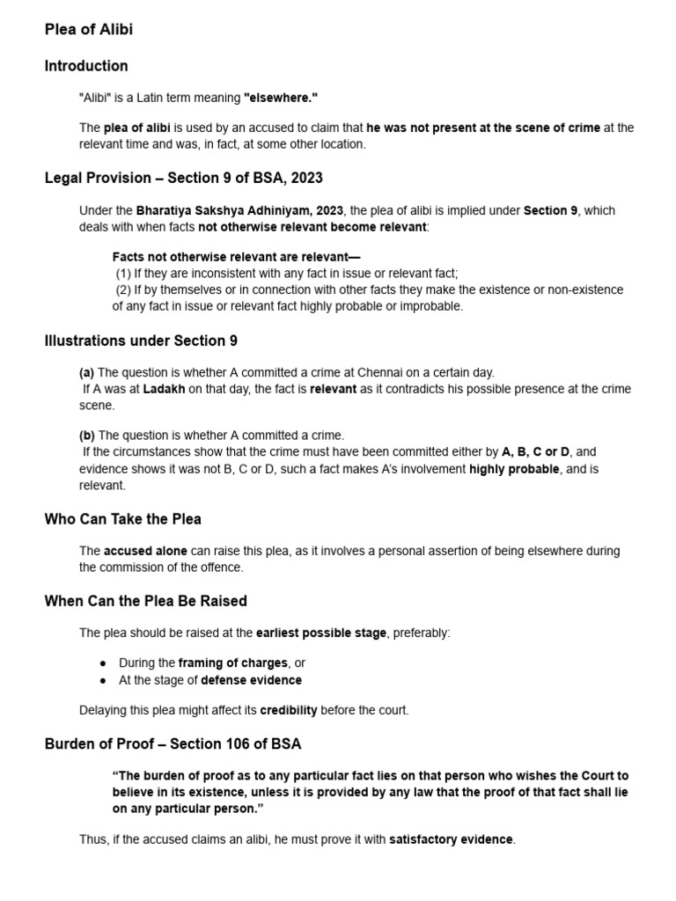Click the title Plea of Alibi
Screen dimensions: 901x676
(x=89, y=30)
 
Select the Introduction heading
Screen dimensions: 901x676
(x=86, y=66)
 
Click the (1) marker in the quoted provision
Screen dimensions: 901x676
(x=123, y=274)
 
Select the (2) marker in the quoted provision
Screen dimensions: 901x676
(x=123, y=289)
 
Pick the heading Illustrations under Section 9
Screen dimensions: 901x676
(x=141, y=341)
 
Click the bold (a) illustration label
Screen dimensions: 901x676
(x=86, y=372)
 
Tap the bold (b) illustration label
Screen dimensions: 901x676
(x=86, y=436)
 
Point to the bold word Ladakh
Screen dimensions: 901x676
(x=165, y=389)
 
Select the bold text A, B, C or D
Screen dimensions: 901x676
(x=536, y=452)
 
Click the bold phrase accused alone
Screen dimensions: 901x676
(x=145, y=551)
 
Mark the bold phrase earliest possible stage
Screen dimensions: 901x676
(x=321, y=633)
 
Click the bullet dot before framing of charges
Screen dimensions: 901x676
(x=103, y=663)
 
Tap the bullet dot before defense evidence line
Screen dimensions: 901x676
(x=103, y=680)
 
